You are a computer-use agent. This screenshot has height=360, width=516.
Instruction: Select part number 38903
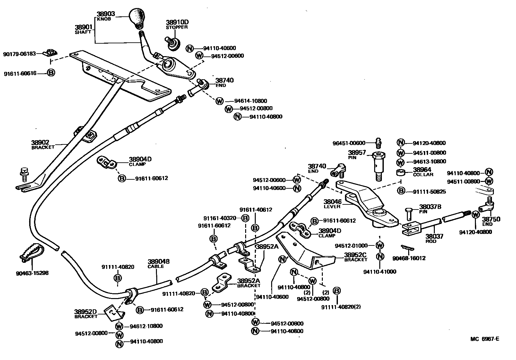pos(106,14)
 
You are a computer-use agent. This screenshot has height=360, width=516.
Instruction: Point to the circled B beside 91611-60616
pos(51,73)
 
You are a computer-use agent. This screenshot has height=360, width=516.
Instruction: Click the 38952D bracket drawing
pos(113,313)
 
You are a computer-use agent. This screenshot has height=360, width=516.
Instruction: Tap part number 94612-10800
pos(146,326)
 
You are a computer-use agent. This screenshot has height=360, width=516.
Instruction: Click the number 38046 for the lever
pos(332,201)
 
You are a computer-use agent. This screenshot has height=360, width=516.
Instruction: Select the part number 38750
pos(491,219)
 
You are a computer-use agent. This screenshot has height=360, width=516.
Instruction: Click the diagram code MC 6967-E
pos(485,339)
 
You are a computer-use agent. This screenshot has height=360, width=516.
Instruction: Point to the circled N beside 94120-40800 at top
pos(400,143)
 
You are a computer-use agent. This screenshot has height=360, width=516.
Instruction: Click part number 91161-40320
pos(221,218)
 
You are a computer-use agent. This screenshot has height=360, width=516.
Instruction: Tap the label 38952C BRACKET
pos(356,257)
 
